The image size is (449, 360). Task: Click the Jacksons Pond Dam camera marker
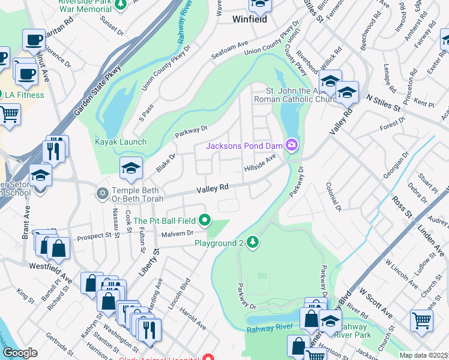[x=292, y=145]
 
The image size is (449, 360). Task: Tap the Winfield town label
[x=249, y=19]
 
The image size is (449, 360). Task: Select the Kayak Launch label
[x=120, y=142]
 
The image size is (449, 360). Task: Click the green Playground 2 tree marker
[x=253, y=242]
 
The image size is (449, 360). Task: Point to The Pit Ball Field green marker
[x=205, y=221]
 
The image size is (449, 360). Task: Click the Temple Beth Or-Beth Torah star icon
[x=103, y=193]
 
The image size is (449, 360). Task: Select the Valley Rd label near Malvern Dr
[x=213, y=188]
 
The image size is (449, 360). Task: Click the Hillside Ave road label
[x=259, y=163]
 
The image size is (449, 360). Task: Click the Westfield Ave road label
[x=50, y=265]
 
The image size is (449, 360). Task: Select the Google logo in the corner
[x=20, y=352]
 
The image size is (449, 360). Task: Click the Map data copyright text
[x=423, y=355]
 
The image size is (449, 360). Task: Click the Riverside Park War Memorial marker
[x=120, y=5]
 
